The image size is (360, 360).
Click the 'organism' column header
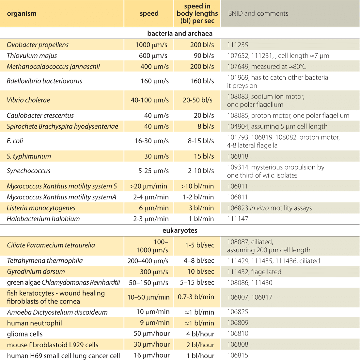(x=22, y=14)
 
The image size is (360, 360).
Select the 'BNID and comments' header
(x=258, y=13)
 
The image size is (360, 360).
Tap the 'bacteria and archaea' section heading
(x=180, y=34)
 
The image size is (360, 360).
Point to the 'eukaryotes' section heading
(x=180, y=230)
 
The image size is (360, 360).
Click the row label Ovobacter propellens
(x=38, y=45)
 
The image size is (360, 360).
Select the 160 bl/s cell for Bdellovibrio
(x=202, y=81)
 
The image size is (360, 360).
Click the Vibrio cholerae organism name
(x=28, y=100)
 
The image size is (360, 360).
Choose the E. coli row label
(x=15, y=141)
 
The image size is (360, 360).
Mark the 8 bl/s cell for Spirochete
(x=206, y=127)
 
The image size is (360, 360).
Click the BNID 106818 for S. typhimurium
(x=238, y=156)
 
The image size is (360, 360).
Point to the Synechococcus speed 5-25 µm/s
(x=153, y=171)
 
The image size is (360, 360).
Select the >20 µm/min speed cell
(x=148, y=186)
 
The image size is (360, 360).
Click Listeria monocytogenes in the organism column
(x=41, y=208)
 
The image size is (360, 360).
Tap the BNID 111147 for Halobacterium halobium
(x=238, y=219)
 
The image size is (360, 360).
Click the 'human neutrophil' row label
(x=35, y=323)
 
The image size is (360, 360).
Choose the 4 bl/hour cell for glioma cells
(x=200, y=334)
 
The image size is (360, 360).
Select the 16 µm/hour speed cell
(x=152, y=355)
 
